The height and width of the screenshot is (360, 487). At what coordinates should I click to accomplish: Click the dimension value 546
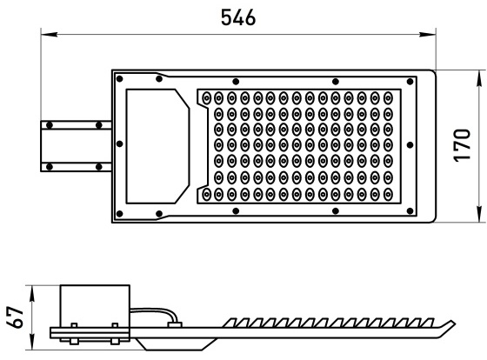pyautogui.click(x=238, y=17)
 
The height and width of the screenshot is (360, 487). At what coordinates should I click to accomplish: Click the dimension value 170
pyautogui.click(x=462, y=145)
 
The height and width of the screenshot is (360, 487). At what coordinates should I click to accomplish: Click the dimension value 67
pyautogui.click(x=15, y=317)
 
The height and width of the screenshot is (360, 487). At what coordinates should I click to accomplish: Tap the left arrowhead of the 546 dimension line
pyautogui.click(x=49, y=34)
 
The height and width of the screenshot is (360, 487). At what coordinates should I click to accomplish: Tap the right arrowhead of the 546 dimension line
pyautogui.click(x=428, y=34)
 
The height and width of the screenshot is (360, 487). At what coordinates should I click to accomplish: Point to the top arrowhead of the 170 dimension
pyautogui.click(x=481, y=78)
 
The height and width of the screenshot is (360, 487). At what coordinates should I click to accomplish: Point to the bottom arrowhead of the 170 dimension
pyautogui.click(x=481, y=214)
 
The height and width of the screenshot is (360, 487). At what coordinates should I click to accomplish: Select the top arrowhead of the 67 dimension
pyautogui.click(x=31, y=294)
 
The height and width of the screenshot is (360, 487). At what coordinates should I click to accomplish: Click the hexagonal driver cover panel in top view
pyautogui.click(x=157, y=146)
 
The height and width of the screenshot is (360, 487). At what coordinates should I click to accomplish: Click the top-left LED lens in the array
pyautogui.click(x=206, y=98)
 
